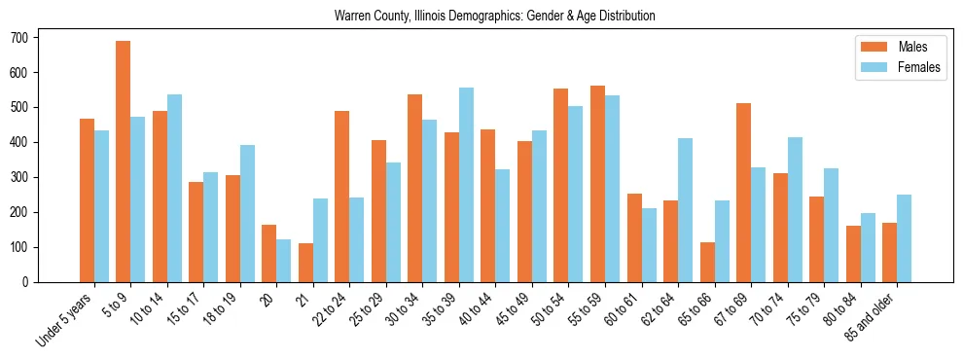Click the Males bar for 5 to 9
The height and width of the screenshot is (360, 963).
(x=124, y=162)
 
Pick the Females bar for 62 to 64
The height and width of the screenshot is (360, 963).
(x=686, y=210)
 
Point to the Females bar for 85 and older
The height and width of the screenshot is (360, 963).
(x=905, y=238)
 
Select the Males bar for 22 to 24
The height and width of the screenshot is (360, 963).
(x=342, y=197)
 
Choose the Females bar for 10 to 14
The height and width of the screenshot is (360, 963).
(x=174, y=188)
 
